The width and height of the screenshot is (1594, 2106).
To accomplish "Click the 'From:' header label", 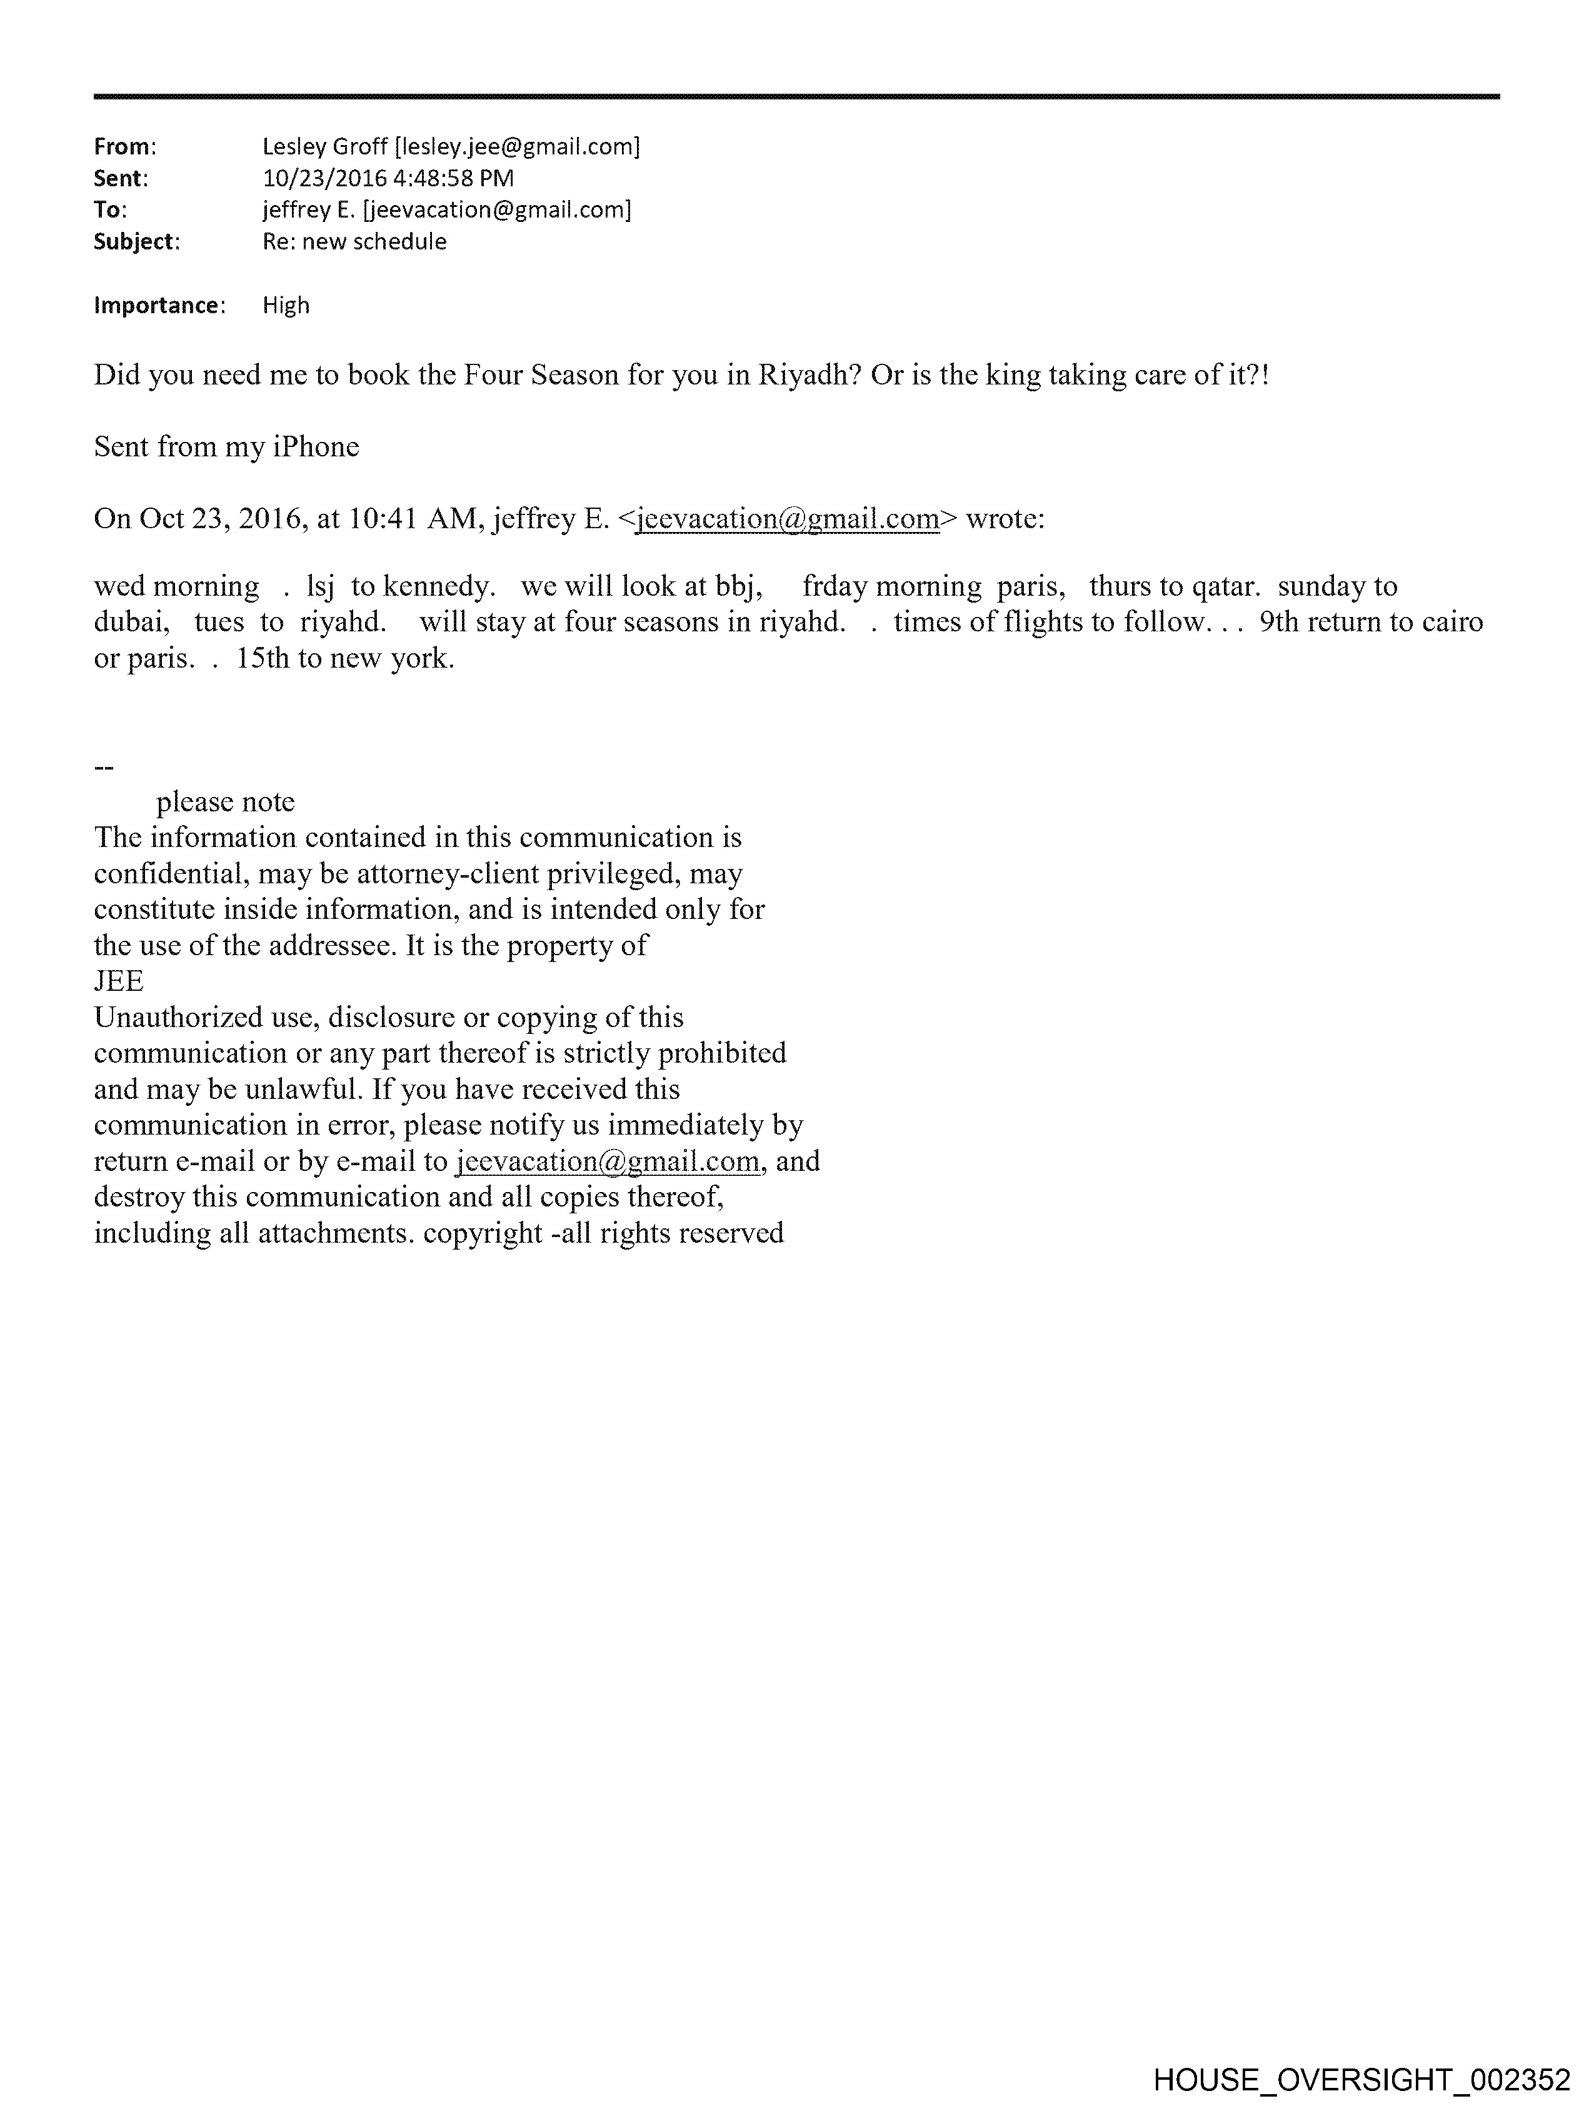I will point(124,147).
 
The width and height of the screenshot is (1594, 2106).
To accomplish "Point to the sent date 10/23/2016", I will point(324,178).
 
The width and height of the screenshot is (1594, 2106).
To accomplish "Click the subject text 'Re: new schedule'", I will point(354,242).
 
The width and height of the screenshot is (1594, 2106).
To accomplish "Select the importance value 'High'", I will point(286,306).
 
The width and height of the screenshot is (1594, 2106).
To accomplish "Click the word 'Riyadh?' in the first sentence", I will point(808,375).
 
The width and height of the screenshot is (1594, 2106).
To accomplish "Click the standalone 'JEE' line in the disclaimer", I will point(119,981).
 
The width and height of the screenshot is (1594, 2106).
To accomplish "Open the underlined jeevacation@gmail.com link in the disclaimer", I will point(608,1161).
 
